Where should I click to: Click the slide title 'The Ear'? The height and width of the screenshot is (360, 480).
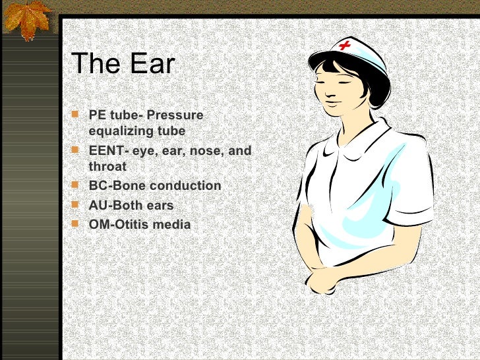pyautogui.click(x=123, y=64)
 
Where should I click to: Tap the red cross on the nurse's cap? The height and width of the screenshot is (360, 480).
pyautogui.click(x=344, y=45)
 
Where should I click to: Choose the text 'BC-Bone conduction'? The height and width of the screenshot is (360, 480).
pyautogui.click(x=155, y=186)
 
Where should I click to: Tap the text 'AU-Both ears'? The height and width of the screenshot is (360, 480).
pyautogui.click(x=131, y=206)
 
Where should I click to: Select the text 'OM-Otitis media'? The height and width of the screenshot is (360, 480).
pyautogui.click(x=140, y=225)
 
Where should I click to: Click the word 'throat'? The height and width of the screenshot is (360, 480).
pyautogui.click(x=107, y=167)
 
